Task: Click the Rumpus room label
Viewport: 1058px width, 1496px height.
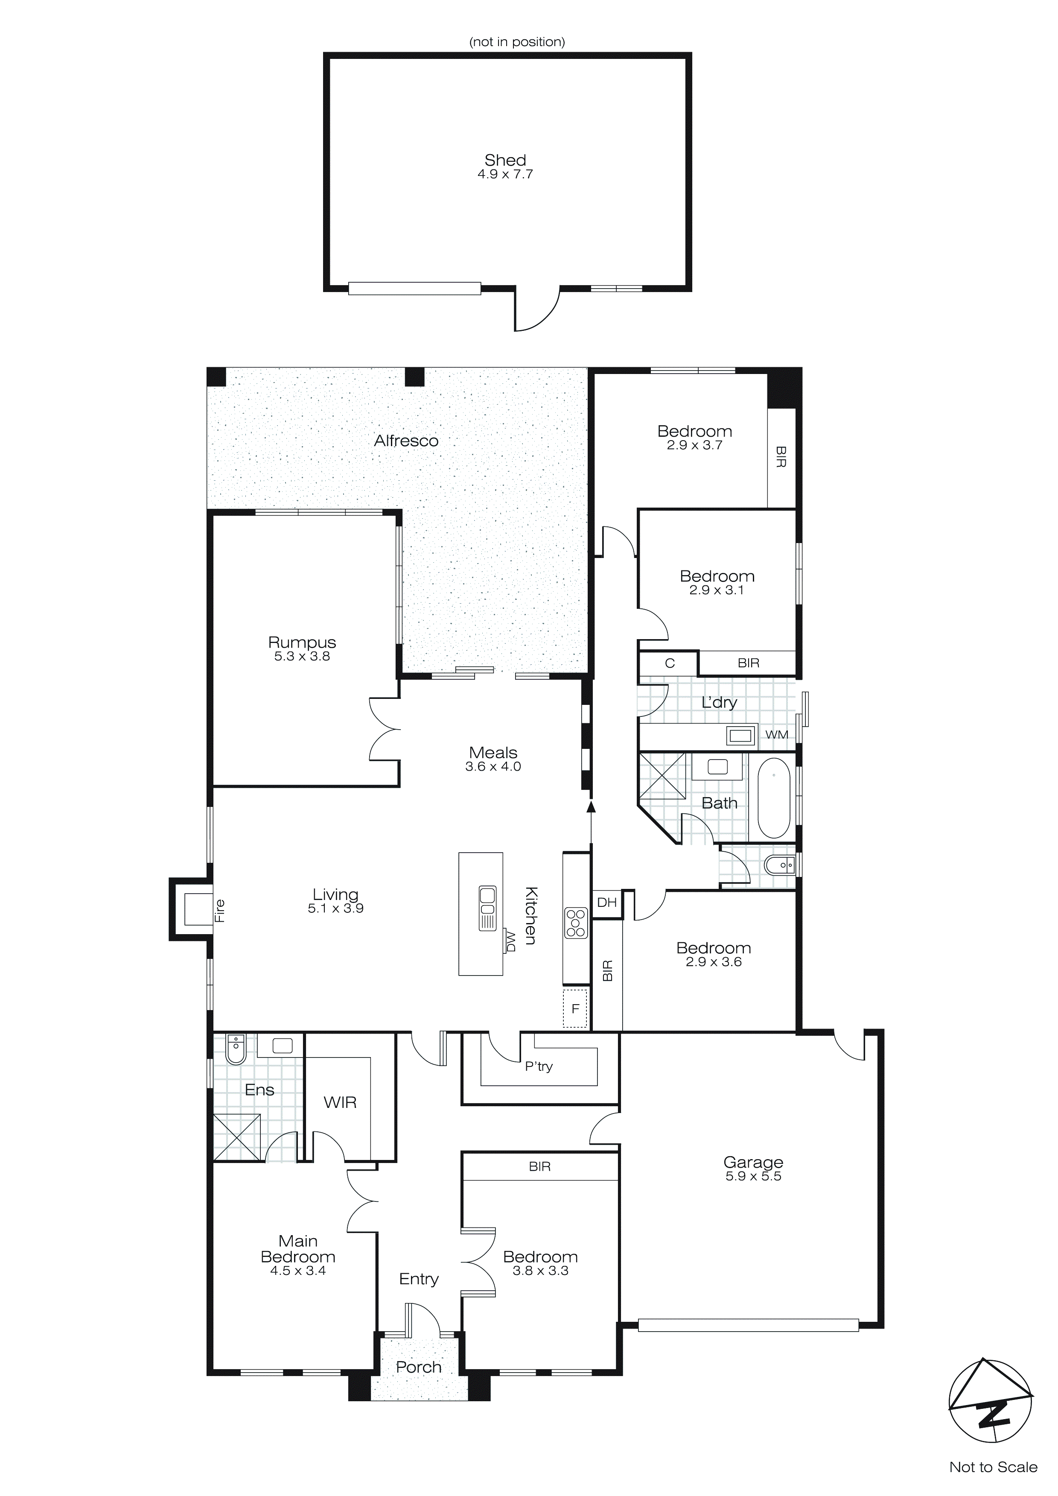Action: click(302, 643)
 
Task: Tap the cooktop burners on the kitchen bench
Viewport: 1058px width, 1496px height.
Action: click(576, 923)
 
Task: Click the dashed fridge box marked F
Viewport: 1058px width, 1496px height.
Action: click(575, 1008)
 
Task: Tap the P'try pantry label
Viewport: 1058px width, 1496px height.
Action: click(539, 1066)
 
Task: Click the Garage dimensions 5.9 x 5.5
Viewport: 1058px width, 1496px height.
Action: click(753, 1176)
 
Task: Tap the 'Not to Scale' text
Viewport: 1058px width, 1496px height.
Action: click(993, 1467)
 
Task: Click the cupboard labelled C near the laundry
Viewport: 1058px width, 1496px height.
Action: click(669, 663)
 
